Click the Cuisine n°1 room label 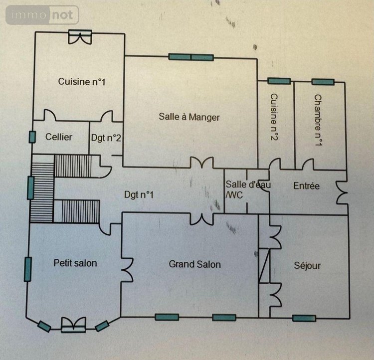pos(82,82)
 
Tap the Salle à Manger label pos(189,117)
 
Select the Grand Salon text pos(194,264)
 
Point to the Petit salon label pos(75,263)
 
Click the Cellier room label pos(59,137)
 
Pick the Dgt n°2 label pos(106,138)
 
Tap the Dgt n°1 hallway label pos(139,195)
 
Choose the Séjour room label pos(307,266)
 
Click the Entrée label pos(307,186)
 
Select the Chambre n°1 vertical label pos(318,120)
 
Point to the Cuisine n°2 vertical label pos(274,117)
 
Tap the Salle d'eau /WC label pos(248,189)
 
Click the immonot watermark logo pos(42,15)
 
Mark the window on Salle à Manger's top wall pos(191,57)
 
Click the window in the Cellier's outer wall pos(32,137)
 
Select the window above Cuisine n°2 pos(279,81)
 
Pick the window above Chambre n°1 pos(323,82)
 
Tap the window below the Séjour pos(304,318)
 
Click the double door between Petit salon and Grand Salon pos(127,270)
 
